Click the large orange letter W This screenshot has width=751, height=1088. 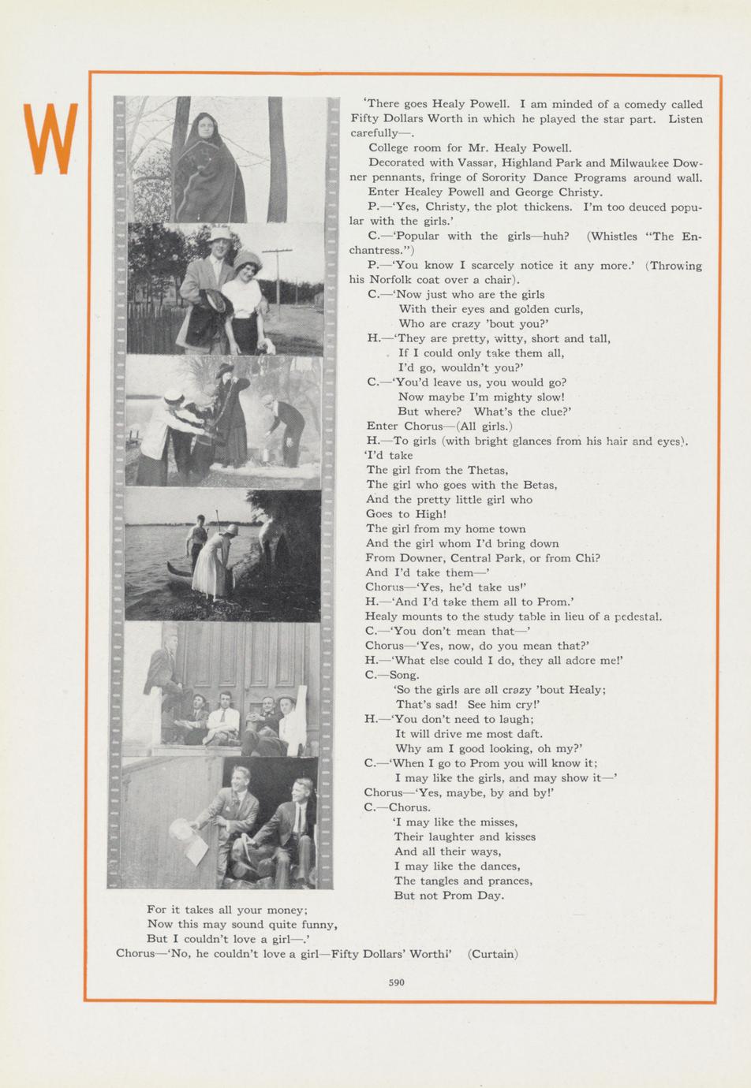click(x=51, y=139)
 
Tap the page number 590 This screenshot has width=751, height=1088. click(x=396, y=982)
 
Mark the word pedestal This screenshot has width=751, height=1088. click(x=637, y=617)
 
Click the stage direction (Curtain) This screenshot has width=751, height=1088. click(x=493, y=954)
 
